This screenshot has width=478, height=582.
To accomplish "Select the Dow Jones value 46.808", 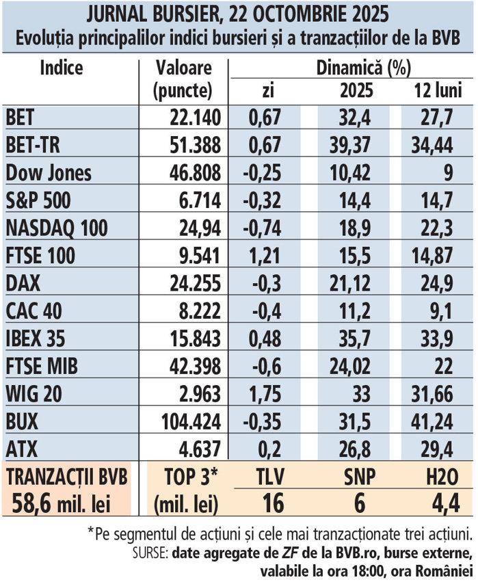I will click(x=194, y=172).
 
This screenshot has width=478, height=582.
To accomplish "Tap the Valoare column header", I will click(x=184, y=69).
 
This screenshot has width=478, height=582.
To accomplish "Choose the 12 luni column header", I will click(x=438, y=90).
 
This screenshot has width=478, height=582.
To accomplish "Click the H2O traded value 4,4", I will click(x=436, y=505).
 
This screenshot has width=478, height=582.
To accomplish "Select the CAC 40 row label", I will click(x=32, y=311).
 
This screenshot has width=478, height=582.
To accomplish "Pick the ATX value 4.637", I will click(x=199, y=451).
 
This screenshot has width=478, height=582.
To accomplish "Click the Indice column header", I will click(x=62, y=68).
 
